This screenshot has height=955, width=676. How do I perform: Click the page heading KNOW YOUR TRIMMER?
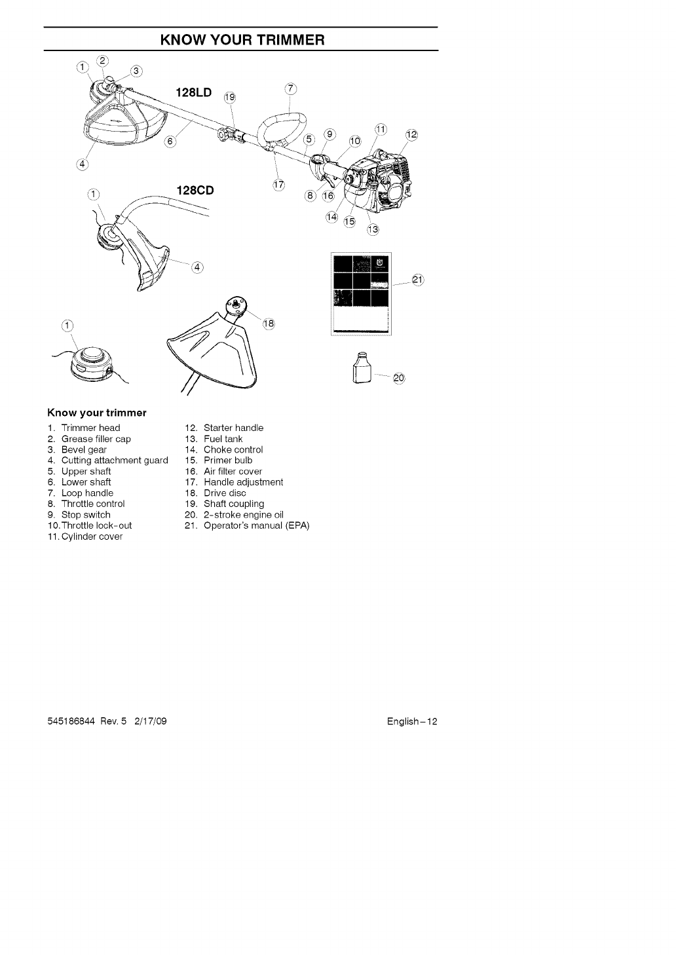click(x=241, y=39)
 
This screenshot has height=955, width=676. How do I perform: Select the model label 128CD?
click(x=196, y=191)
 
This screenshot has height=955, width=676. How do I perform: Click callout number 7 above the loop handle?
click(x=291, y=89)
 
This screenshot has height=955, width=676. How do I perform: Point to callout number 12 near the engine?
click(x=411, y=135)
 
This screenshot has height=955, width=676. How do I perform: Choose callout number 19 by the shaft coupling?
click(x=229, y=98)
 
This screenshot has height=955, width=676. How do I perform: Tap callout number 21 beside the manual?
click(x=419, y=280)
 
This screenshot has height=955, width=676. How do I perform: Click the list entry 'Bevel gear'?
click(x=83, y=450)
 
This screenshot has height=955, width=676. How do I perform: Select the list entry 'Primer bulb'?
click(x=227, y=460)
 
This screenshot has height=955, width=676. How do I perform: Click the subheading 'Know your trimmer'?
click(x=96, y=413)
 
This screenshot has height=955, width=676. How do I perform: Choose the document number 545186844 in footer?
click(x=71, y=721)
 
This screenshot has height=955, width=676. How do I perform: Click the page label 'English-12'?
click(x=411, y=721)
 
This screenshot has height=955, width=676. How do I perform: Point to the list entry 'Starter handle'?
click(x=233, y=428)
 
